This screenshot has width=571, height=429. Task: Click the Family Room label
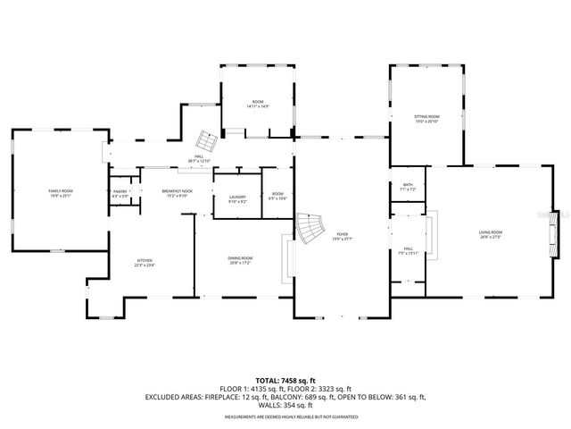pyautogui.click(x=61, y=191)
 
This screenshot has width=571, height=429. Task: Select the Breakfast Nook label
pyautogui.click(x=176, y=191)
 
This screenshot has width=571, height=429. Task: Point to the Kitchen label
pyautogui.click(x=145, y=262)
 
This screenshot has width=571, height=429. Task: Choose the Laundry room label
pyautogui.click(x=237, y=198)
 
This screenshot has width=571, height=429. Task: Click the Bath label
pyautogui.click(x=408, y=187)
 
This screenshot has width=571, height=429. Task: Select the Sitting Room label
pyautogui.click(x=426, y=118)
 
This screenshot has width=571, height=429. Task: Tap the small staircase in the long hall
pyautogui.click(x=207, y=141)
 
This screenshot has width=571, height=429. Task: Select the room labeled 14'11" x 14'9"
pyautogui.click(x=258, y=105)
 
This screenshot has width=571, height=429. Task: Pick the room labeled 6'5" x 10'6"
pyautogui.click(x=277, y=198)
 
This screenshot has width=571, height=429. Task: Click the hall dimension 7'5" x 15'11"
pyautogui.click(x=408, y=253)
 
